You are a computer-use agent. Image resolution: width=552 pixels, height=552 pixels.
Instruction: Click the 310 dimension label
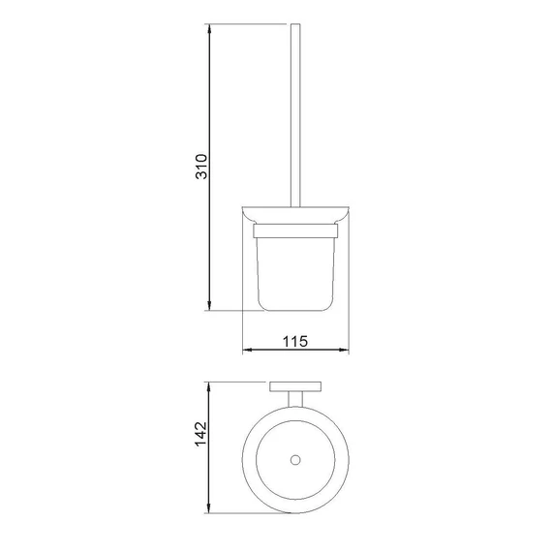tap(201, 167)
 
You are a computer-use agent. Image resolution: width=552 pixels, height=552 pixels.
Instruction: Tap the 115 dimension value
tap(295, 341)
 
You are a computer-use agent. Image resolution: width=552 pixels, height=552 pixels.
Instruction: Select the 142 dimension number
tap(201, 434)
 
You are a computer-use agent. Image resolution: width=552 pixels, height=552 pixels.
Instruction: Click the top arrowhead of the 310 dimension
tap(209, 30)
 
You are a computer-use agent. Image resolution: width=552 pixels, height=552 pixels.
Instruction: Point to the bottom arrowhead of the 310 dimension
tap(209, 305)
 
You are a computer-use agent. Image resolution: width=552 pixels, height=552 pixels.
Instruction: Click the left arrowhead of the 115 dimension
tap(248, 350)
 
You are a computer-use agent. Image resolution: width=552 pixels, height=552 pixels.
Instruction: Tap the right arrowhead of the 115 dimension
tap(343, 350)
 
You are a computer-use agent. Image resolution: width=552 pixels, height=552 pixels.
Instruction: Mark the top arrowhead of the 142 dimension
tap(209, 387)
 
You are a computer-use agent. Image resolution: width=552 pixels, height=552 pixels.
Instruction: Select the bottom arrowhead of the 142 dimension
tap(209, 507)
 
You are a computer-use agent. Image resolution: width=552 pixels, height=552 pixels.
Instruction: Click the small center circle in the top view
tap(295, 460)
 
